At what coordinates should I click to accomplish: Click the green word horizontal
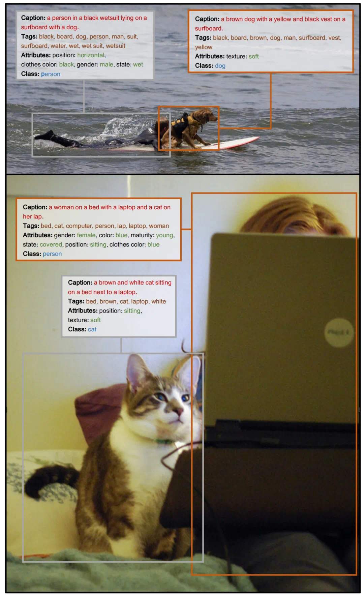pos(91,55)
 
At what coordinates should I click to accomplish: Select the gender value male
pos(107,64)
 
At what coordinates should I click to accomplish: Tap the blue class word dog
pos(220,66)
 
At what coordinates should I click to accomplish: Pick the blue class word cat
pos(92,329)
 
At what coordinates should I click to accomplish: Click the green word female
pos(86,235)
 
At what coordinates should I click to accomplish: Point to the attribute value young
pos(164,235)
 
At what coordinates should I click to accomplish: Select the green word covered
pos(51,244)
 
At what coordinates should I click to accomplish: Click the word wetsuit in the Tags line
pos(116,46)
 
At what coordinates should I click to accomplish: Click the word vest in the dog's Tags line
pos(334,38)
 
